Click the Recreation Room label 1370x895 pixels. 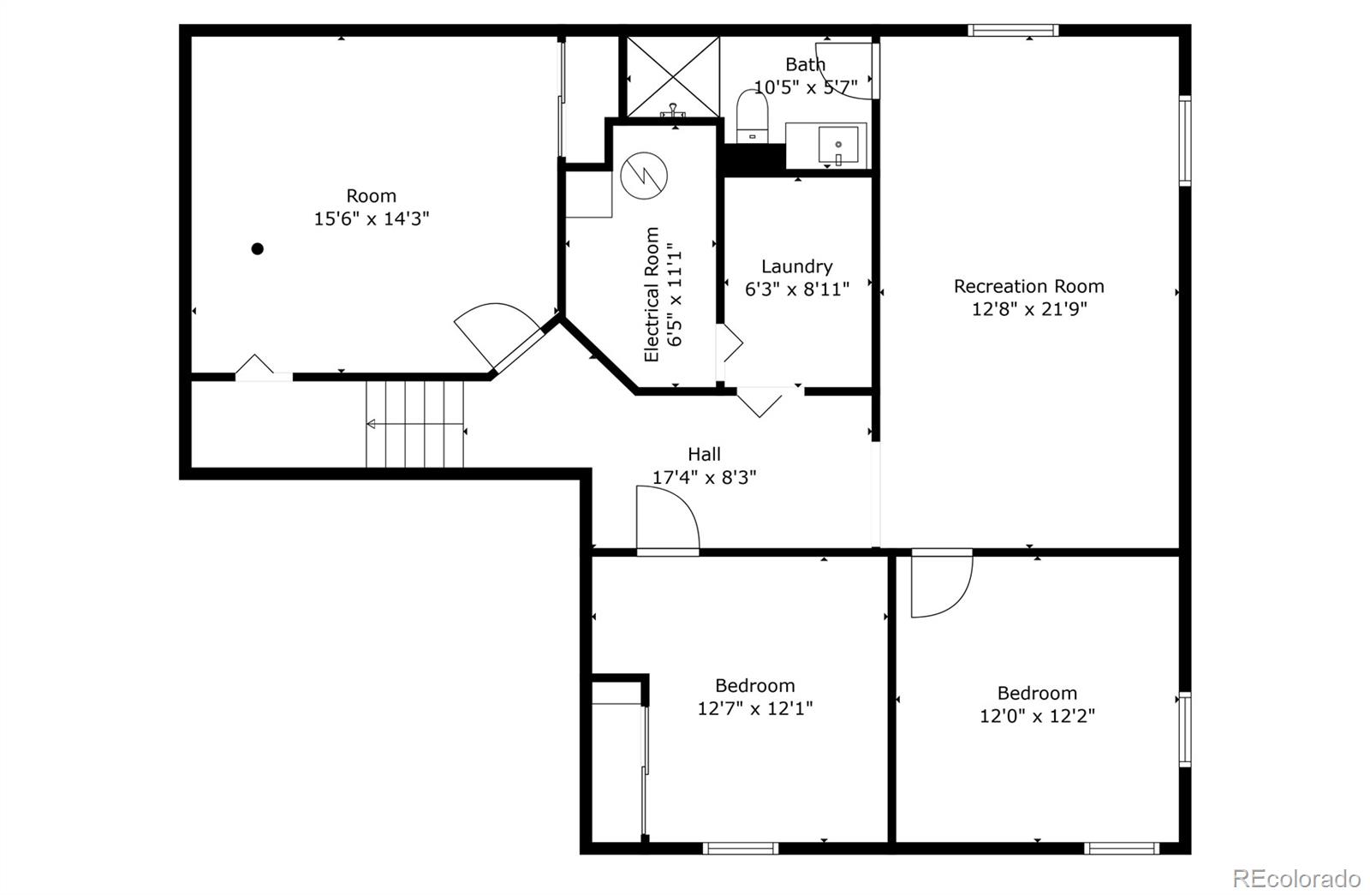pyautogui.click(x=1028, y=286)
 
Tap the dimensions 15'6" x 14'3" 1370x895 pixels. pyautogui.click(x=371, y=218)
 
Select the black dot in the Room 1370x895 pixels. pyautogui.click(x=257, y=249)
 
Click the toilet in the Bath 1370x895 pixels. pyautogui.click(x=752, y=116)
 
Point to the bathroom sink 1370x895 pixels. pyautogui.click(x=837, y=145)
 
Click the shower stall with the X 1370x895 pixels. pyautogui.click(x=673, y=75)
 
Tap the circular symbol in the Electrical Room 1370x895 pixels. pyautogui.click(x=644, y=175)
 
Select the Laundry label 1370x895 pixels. pyautogui.click(x=796, y=266)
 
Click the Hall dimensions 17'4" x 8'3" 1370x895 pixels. pyautogui.click(x=704, y=477)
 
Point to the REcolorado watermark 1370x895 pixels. pyautogui.click(x=1296, y=878)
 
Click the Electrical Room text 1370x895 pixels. pyautogui.click(x=652, y=294)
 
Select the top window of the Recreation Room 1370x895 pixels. pyautogui.click(x=1013, y=31)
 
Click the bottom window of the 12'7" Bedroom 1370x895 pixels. pyautogui.click(x=741, y=848)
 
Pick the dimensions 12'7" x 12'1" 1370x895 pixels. pyautogui.click(x=754, y=708)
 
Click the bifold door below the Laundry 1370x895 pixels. pyautogui.click(x=761, y=401)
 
